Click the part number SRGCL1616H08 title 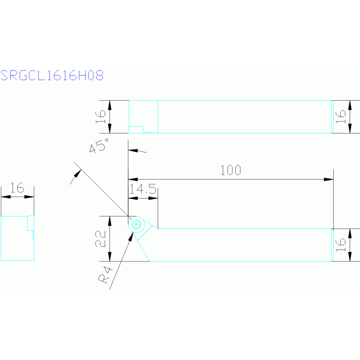point(52,76)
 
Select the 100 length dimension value point(230,170)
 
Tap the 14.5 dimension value point(143,189)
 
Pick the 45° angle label point(99,146)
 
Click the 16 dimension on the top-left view point(100,117)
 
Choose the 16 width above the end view point(17,189)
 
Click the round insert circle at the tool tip point(136,225)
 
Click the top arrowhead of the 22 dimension point(110,220)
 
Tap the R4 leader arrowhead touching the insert point(131,235)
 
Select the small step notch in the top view point(136,130)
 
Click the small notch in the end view point(31,224)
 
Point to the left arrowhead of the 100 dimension point(132,179)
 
